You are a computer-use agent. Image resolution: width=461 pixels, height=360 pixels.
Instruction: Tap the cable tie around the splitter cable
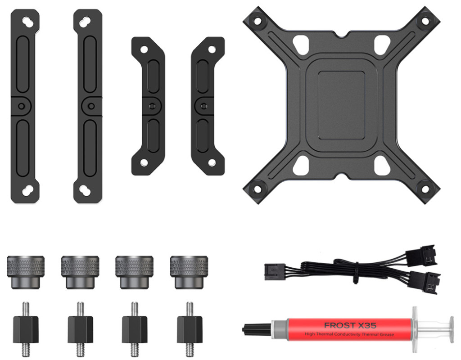click(357, 273)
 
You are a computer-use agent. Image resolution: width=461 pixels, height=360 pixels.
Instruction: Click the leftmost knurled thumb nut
click(26, 272)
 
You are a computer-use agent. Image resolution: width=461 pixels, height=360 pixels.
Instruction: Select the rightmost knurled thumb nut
click(189, 272)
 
